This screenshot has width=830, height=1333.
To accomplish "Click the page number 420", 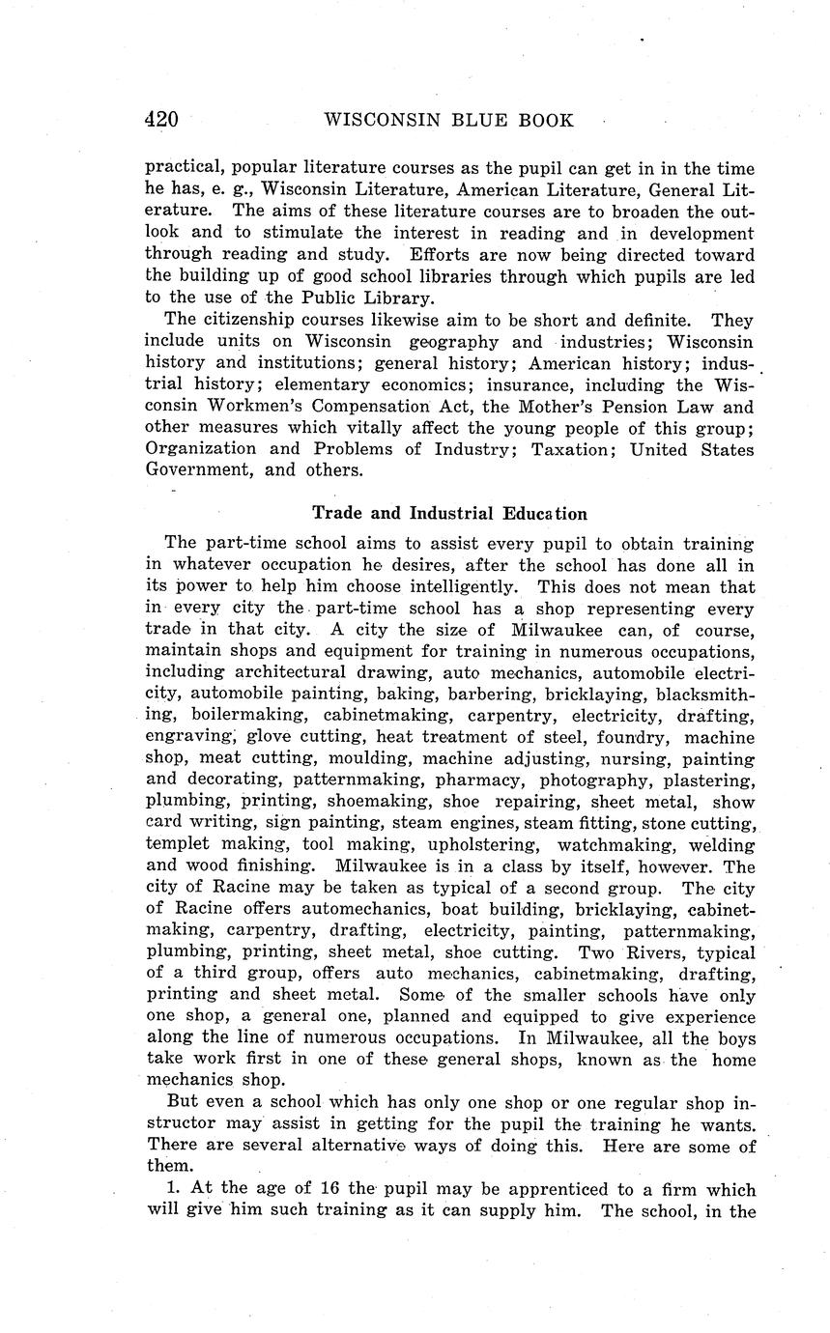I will [x=161, y=120].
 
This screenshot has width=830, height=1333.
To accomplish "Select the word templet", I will [x=177, y=844].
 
